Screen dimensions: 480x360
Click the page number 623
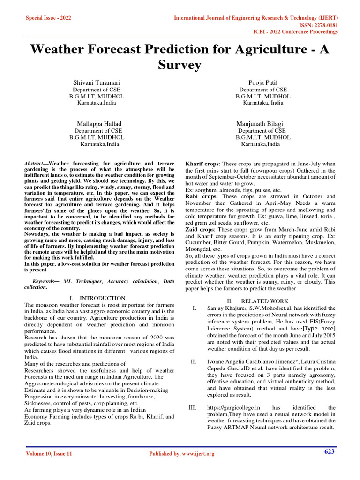pos(329,451)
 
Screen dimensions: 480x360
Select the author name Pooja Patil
pos(263,82)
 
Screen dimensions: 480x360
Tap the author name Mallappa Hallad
pos(97,124)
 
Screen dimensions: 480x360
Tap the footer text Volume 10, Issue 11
pos(49,454)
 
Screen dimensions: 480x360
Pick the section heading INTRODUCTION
pos(102,298)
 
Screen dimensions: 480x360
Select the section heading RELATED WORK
pos(264,301)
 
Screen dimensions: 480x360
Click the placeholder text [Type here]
pos(319,328)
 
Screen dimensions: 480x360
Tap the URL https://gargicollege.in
pos(233,408)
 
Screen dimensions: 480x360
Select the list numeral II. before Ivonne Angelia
pos(193,361)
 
